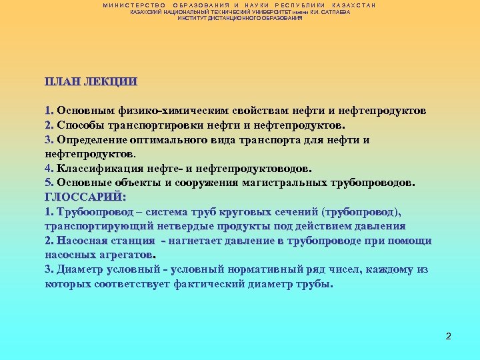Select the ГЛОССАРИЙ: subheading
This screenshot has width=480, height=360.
pos(85,197)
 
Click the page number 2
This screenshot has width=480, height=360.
pos(449,336)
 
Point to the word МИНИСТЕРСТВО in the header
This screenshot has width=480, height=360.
pos(135,5)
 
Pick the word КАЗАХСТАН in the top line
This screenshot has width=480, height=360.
pos(354,5)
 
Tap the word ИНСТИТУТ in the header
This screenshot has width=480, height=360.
pos(193,18)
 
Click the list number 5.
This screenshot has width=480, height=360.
pos(48,182)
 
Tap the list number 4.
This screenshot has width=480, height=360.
pos(48,168)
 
